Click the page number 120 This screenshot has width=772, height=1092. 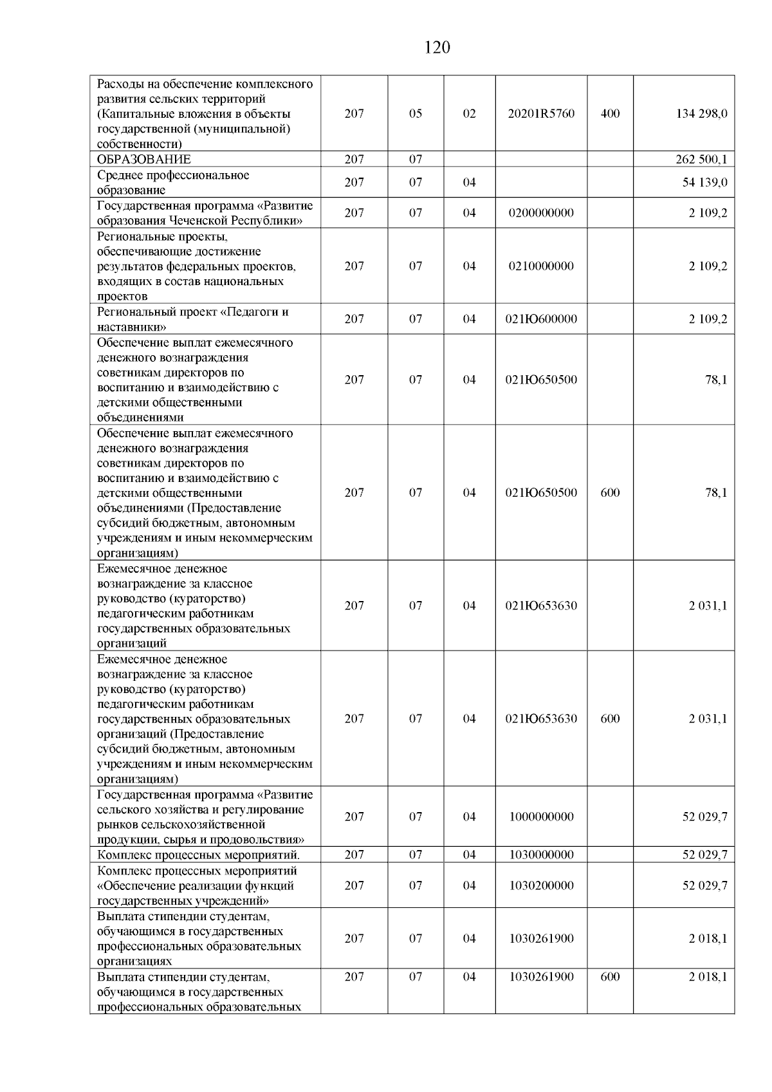tap(437, 48)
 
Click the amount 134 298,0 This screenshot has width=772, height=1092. tap(701, 114)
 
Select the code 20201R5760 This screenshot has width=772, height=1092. tap(541, 114)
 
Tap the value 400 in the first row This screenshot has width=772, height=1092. tap(610, 114)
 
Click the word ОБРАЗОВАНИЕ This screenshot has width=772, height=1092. tap(144, 160)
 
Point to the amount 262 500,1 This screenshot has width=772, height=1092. tap(701, 160)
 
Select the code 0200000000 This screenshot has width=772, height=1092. tap(541, 213)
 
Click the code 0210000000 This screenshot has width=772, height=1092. tap(541, 266)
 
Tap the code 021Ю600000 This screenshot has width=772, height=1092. tap(541, 319)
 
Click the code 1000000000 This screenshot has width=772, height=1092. tap(541, 817)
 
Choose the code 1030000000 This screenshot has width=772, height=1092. tap(541, 855)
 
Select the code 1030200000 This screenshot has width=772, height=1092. tap(541, 885)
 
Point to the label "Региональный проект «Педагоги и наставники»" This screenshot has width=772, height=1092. tap(193, 319)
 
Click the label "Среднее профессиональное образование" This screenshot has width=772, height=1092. tap(173, 183)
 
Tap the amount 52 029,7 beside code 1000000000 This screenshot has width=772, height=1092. tap(704, 817)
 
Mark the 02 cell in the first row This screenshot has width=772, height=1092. tap(470, 114)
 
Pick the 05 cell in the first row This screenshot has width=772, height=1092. tap(416, 114)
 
